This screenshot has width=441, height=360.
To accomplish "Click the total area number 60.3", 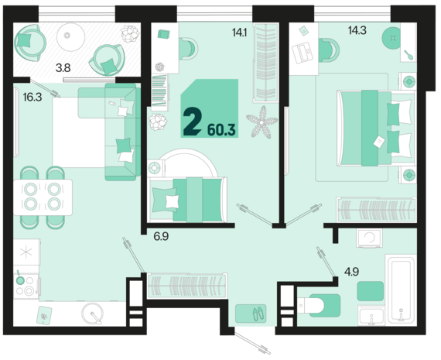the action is [221, 130].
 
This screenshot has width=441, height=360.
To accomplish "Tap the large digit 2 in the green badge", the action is [192, 122].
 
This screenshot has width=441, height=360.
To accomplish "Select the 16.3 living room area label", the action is [32, 98].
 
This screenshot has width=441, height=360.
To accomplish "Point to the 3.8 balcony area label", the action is [63, 68].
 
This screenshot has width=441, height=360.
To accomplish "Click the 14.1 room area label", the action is [240, 33].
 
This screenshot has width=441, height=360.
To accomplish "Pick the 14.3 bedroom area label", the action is [357, 30].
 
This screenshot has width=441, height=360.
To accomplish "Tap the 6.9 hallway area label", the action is [161, 236].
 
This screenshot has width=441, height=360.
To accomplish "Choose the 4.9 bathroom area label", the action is [352, 272].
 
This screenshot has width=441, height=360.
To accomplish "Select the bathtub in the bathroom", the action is [401, 289].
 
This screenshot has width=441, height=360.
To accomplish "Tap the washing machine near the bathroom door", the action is [369, 238].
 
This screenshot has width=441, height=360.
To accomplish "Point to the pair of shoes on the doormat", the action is [258, 314].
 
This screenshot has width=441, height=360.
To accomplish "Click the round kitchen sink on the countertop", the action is [92, 313].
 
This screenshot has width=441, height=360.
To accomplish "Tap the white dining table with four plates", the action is [43, 197].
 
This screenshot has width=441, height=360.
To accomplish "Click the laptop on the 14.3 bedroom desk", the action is [303, 53].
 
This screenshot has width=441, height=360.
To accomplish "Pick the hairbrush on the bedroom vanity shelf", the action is [409, 55].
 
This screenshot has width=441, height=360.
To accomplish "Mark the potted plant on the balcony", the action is [130, 34].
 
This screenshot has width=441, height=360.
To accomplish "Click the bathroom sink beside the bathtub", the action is [371, 316].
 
